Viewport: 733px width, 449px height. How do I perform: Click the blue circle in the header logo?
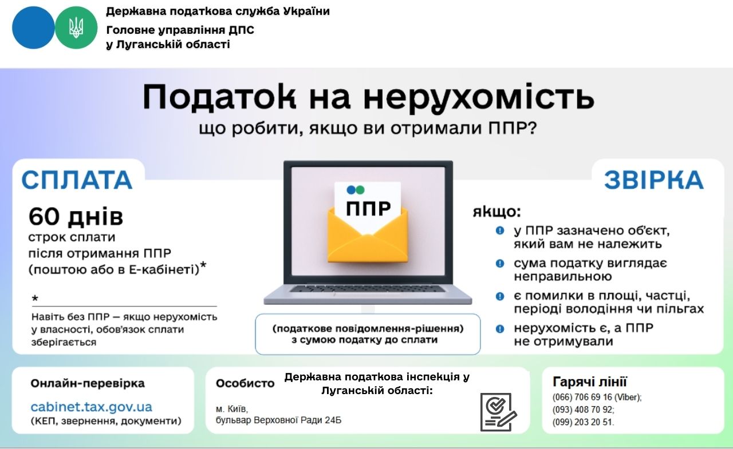[33, 28]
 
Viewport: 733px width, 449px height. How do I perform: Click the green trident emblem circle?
[76, 28]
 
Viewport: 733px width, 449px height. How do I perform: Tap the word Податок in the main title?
[219, 97]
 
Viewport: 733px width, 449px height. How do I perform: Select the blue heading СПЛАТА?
[77, 180]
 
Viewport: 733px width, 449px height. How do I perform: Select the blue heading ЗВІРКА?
[654, 180]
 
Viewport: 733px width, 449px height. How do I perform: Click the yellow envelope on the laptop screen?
[368, 235]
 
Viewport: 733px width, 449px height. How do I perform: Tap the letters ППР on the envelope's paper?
[368, 208]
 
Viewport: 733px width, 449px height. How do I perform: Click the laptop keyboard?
[368, 288]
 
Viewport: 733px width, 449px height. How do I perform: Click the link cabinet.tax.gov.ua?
[91, 407]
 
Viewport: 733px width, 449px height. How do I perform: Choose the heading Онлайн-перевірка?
[88, 383]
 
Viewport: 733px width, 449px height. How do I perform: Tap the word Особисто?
[245, 383]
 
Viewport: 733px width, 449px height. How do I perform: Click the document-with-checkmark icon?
[498, 412]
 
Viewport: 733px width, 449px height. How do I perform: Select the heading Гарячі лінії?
[590, 382]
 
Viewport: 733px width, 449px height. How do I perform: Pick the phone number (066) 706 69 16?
[582, 398]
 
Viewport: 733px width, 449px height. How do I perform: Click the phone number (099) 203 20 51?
[582, 422]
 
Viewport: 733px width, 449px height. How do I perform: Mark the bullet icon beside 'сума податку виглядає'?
[500, 263]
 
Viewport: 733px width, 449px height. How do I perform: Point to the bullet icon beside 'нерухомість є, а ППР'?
[500, 328]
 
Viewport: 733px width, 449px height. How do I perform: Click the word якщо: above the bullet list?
[496, 212]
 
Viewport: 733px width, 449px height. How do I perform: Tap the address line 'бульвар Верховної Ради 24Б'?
[278, 420]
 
